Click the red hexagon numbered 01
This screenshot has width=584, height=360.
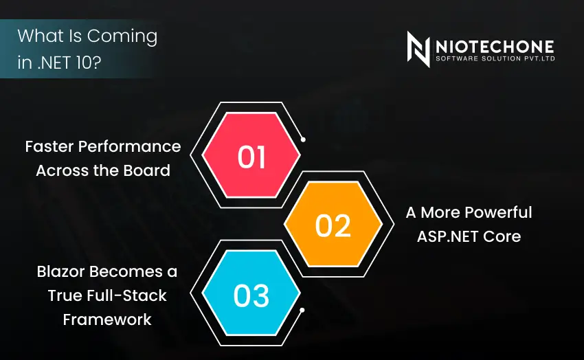click(251, 155)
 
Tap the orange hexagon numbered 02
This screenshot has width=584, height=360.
click(333, 224)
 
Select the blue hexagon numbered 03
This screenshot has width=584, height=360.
click(251, 293)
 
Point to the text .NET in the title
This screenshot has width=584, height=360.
click(55, 62)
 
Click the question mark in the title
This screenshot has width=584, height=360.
click(96, 62)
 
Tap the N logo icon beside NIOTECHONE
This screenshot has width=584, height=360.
click(418, 49)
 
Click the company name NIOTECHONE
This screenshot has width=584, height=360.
click(495, 47)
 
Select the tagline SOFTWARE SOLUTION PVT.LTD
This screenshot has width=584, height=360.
click(495, 58)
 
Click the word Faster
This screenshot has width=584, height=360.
click(49, 146)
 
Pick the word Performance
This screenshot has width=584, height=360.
click(129, 146)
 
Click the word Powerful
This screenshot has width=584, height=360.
click(498, 212)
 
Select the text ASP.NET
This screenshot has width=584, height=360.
click(448, 236)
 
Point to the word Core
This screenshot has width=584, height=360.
click(502, 236)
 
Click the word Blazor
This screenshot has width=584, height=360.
click(61, 271)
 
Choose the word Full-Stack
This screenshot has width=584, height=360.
click(126, 295)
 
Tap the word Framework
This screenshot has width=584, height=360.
click(107, 319)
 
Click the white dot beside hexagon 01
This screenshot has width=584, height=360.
click(303, 139)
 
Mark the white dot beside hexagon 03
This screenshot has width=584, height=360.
click(302, 310)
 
